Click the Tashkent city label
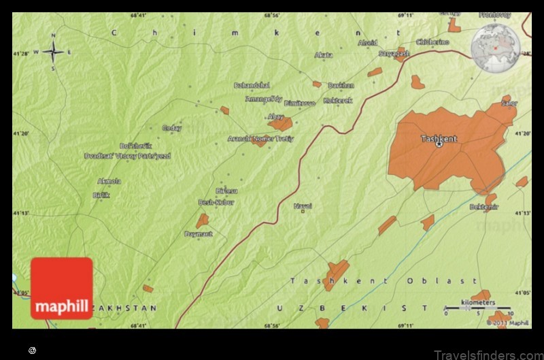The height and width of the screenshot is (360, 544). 439,138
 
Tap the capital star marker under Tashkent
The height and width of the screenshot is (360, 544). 439,144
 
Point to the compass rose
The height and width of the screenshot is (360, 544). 53,51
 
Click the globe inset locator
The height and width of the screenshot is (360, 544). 495,48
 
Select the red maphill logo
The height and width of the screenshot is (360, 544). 61,289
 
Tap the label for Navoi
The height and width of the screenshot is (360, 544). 303,206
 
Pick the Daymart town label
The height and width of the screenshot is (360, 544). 199,234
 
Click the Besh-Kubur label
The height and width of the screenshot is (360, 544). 216,202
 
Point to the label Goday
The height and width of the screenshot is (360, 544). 171,127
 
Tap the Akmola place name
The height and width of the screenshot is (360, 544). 109,181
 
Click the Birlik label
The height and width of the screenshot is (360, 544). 101,195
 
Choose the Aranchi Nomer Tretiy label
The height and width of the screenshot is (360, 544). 260,138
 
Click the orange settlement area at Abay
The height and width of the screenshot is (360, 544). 281,124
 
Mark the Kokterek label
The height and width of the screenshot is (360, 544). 338,101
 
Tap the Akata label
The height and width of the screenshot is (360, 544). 324,54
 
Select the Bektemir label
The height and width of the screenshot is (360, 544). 483,206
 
